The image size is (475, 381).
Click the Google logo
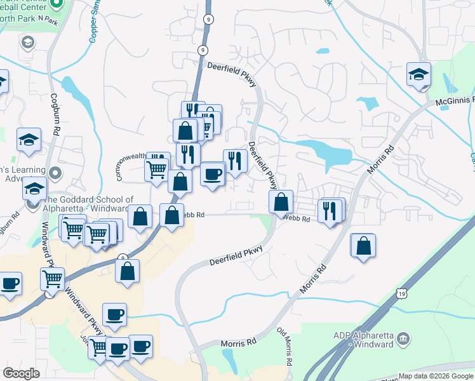[x=21, y=373]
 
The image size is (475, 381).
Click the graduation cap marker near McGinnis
[x=419, y=75]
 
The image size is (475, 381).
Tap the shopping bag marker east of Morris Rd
[x=363, y=246]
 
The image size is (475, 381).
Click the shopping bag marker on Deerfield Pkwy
[x=281, y=203]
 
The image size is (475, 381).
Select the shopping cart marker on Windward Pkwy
[x=52, y=278]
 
